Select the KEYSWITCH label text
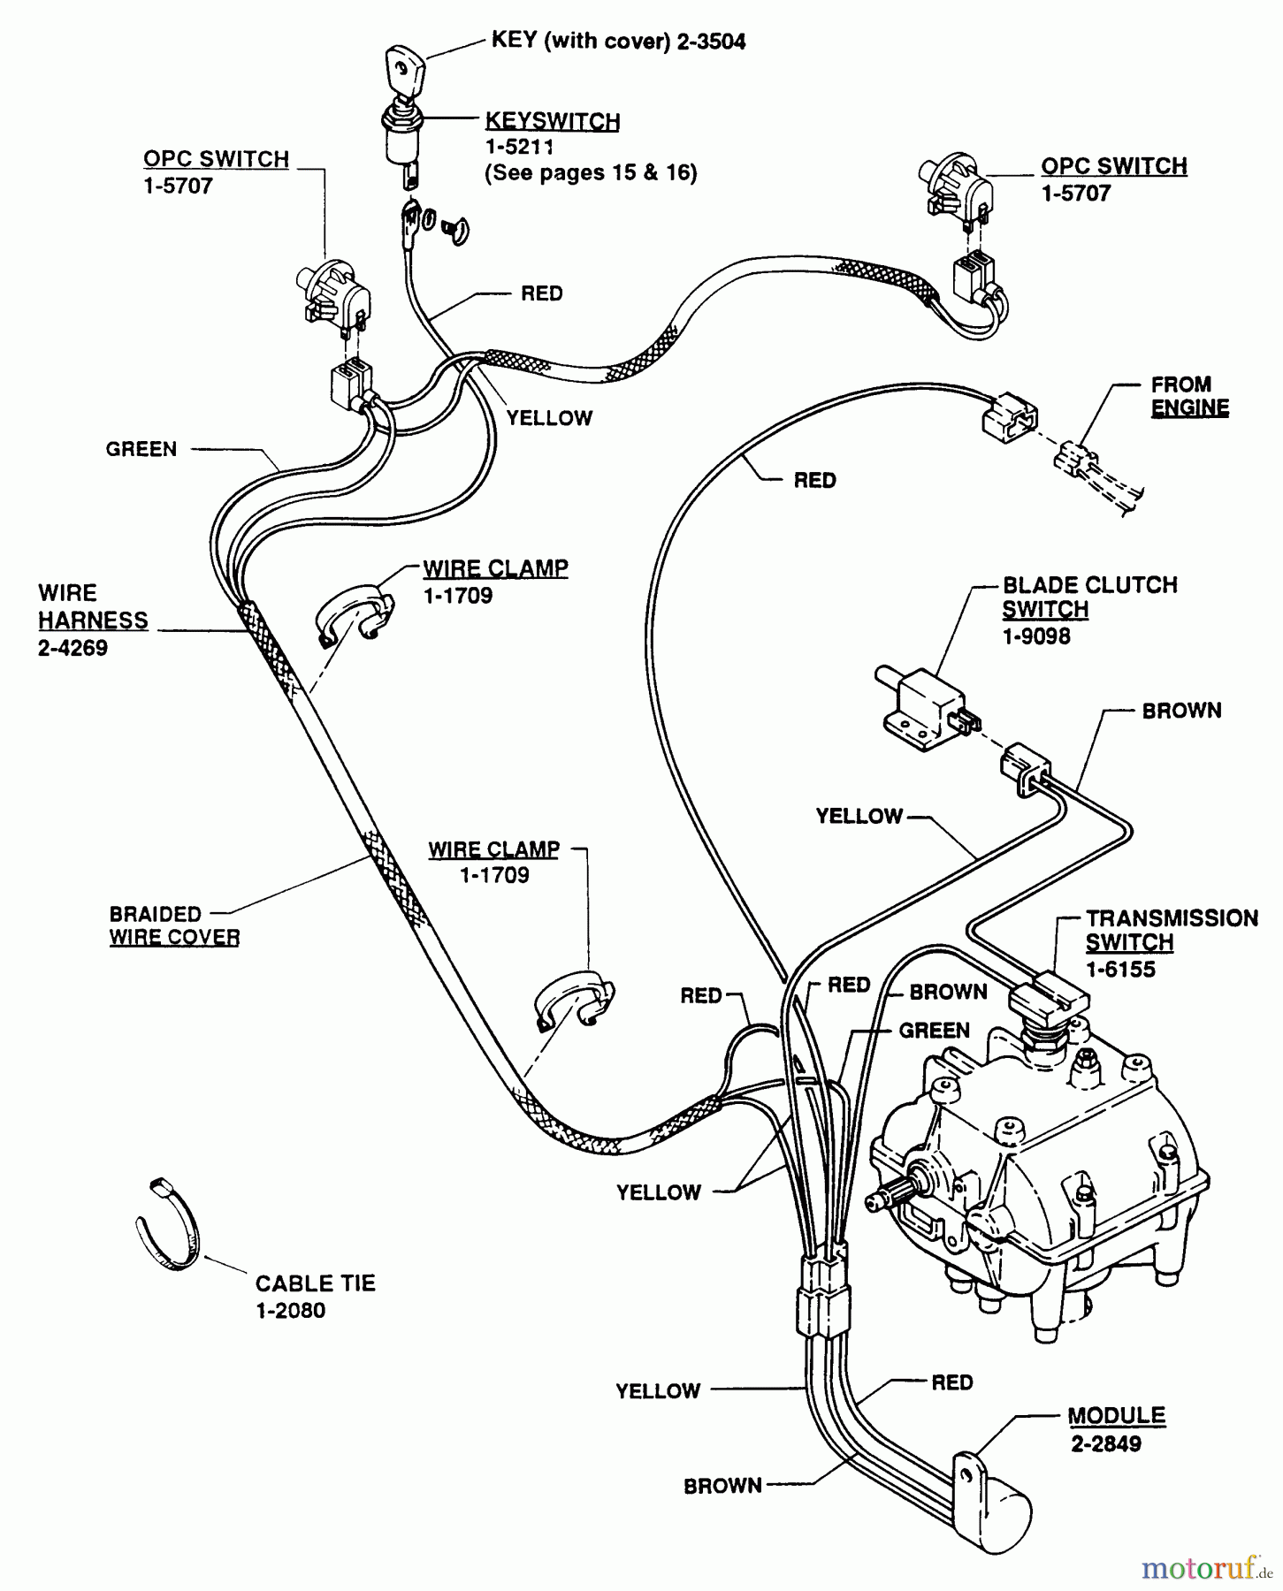click(x=553, y=121)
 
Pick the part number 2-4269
click(x=73, y=648)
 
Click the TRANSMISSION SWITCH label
click(x=1171, y=930)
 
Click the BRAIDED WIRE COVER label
click(x=174, y=925)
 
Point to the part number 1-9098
click(x=1035, y=636)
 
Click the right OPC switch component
click(x=956, y=187)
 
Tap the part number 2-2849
click(x=1105, y=1444)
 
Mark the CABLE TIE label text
click(x=315, y=1283)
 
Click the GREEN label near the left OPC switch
click(x=141, y=449)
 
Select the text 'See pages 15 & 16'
click(x=591, y=172)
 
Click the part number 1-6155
click(x=1120, y=970)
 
